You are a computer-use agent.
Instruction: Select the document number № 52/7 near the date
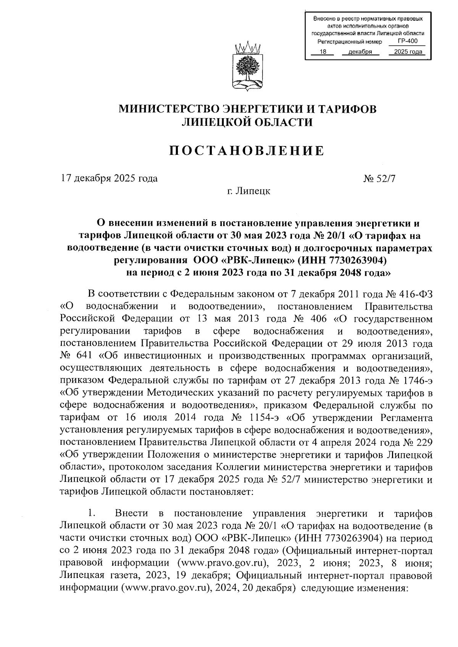click(x=379, y=178)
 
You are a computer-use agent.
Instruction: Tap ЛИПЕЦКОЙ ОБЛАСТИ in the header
click(x=247, y=122)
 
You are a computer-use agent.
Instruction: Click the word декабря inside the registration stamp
click(x=360, y=52)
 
